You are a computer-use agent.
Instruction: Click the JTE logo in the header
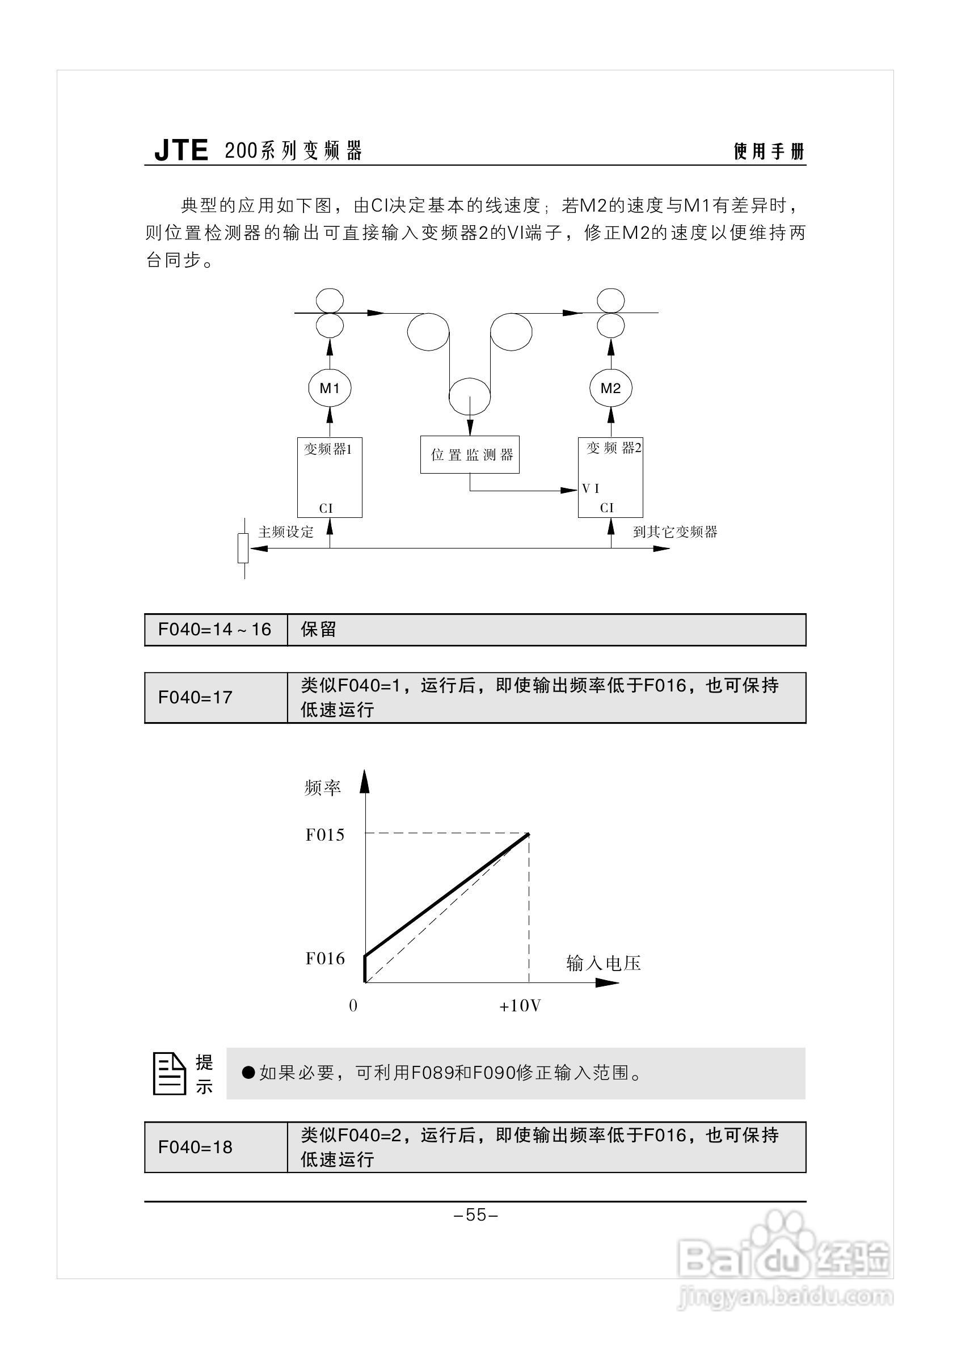click(181, 150)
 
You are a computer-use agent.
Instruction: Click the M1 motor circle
click(329, 388)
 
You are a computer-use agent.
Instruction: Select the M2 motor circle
click(610, 388)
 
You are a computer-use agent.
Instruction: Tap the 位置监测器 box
click(470, 454)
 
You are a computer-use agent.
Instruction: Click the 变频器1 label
click(328, 449)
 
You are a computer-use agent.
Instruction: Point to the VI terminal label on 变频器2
click(591, 488)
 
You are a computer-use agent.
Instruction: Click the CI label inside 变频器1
click(326, 509)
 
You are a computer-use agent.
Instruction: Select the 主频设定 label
click(286, 532)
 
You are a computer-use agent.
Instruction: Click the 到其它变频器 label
click(675, 532)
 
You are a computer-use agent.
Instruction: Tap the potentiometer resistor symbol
click(243, 548)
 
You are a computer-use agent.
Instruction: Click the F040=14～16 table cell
click(215, 630)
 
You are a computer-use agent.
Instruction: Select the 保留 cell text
click(318, 630)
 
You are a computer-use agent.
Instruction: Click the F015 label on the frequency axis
click(324, 835)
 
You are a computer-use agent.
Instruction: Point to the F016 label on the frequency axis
click(324, 959)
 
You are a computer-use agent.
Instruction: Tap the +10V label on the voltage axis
click(520, 1006)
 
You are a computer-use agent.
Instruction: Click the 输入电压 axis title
click(603, 963)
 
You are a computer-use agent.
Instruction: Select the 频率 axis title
click(323, 788)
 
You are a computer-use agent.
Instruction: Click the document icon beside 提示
click(168, 1074)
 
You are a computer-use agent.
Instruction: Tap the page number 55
click(476, 1215)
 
